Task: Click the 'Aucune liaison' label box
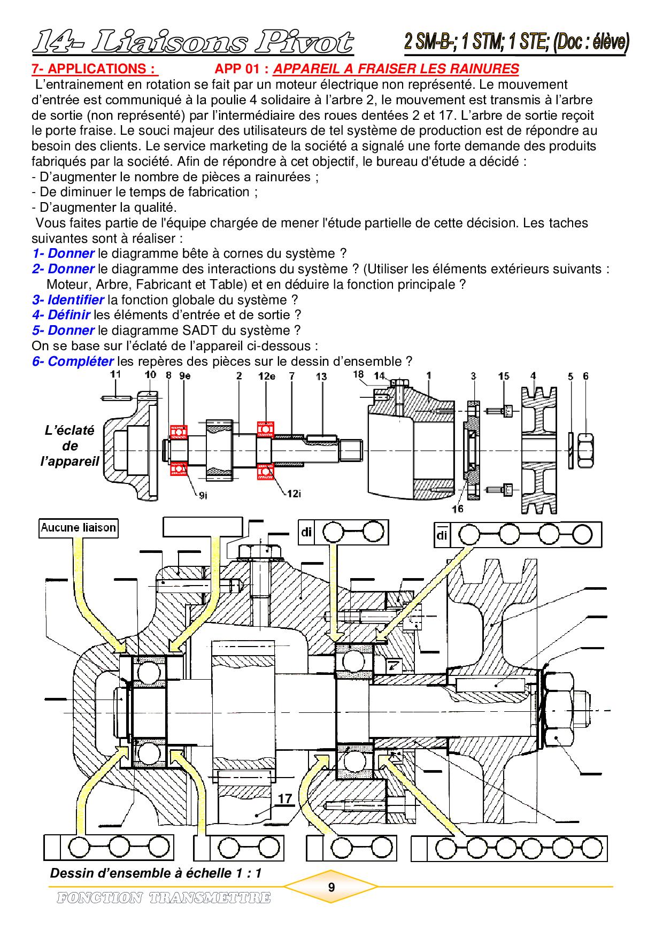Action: tap(78, 528)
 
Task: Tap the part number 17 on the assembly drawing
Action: tap(285, 799)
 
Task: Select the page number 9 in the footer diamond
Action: tap(331, 887)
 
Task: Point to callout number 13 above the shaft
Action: tap(321, 376)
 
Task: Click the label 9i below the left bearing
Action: tap(202, 496)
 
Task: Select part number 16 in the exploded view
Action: tap(457, 509)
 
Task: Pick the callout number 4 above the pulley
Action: tap(533, 375)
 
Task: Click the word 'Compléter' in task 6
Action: tap(81, 362)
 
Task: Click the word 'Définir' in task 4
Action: tap(69, 315)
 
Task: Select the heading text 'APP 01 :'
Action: tap(243, 69)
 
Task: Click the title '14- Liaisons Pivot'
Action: tap(193, 43)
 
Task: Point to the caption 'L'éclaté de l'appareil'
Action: tap(70, 445)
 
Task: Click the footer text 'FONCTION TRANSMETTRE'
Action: tap(164, 898)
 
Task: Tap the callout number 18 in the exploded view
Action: tap(358, 375)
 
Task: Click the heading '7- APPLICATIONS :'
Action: tap(95, 69)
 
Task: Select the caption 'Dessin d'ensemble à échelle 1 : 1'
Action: tap(156, 873)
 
